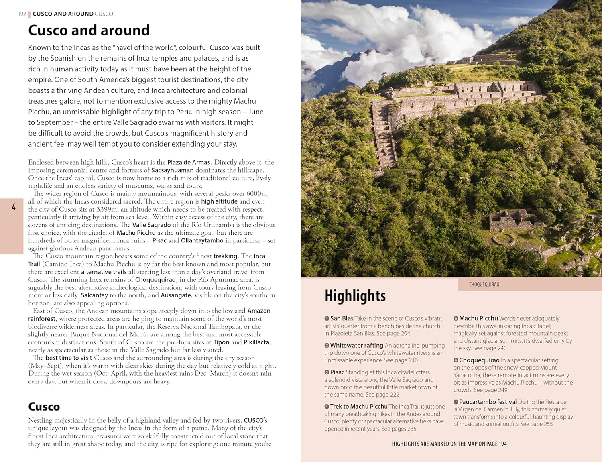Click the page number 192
22,14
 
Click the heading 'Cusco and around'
89,31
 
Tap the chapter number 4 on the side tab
14,207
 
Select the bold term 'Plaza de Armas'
189,162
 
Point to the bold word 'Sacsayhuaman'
172,170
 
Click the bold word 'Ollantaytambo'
202,240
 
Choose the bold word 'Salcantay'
94,295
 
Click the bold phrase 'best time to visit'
69,358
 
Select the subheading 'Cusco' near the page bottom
44,407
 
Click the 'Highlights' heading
355,296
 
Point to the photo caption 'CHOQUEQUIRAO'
484,285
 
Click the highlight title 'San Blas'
342,318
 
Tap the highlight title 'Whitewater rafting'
356,345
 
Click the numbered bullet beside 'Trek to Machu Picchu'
327,407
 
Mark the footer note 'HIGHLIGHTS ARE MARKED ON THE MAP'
449,444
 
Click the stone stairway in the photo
384,132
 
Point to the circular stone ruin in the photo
504,240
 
